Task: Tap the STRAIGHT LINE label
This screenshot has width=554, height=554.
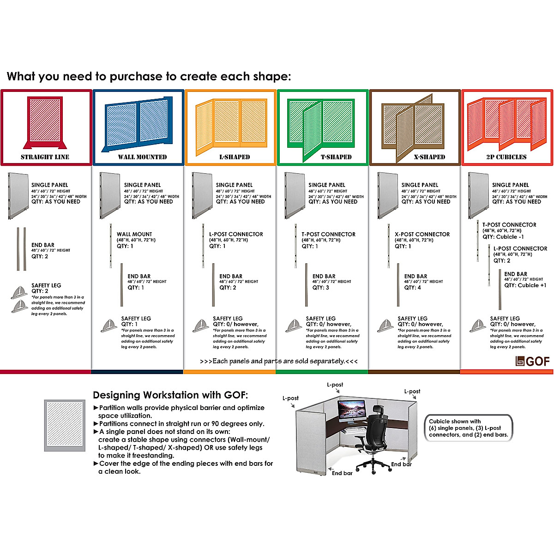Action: pyautogui.click(x=45, y=157)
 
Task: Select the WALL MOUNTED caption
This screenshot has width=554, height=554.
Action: pyautogui.click(x=142, y=157)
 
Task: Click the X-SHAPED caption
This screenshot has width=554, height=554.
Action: pyautogui.click(x=429, y=157)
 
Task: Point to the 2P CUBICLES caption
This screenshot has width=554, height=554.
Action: pyautogui.click(x=506, y=157)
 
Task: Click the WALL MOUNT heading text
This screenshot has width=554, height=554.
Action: pyautogui.click(x=134, y=234)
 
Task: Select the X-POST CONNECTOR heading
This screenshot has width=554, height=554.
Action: pyautogui.click(x=422, y=234)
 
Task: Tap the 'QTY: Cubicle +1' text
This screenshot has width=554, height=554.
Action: pyautogui.click(x=525, y=285)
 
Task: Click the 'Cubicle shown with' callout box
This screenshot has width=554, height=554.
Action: pyautogui.click(x=468, y=428)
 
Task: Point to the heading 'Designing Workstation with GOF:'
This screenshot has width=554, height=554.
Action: pyautogui.click(x=170, y=395)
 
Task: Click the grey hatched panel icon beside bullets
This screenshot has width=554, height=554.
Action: pyautogui.click(x=65, y=426)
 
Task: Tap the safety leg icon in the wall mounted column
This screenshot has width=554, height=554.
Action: pyautogui.click(x=109, y=326)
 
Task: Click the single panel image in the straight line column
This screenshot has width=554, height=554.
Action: pyautogui.click(x=18, y=195)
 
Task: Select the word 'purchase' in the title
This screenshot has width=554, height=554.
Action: pyautogui.click(x=138, y=77)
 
